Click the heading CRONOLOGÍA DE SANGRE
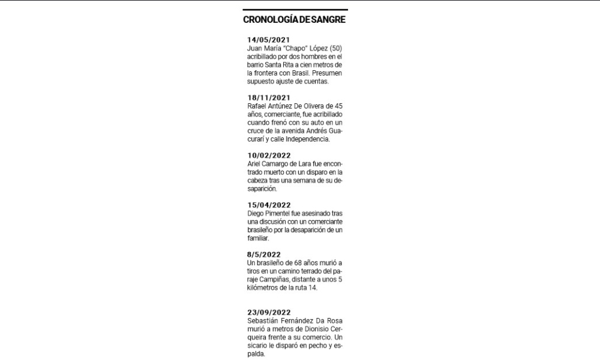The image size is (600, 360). pos(294,20)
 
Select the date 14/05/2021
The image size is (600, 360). pos(269,40)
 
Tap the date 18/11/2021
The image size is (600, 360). pos(269,98)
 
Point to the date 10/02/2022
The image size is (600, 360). pos(269,155)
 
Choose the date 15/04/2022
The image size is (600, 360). pos(269,205)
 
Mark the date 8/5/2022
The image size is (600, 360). pos(264,255)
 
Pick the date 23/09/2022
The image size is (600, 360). pos(269,312)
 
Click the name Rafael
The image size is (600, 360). pos(259,106)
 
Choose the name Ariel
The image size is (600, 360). pos(255,163)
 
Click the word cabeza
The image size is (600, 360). pos(259,180)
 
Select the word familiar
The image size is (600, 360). pos(258,238)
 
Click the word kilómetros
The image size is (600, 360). pos(265,288)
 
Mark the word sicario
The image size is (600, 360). pos(257,346)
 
